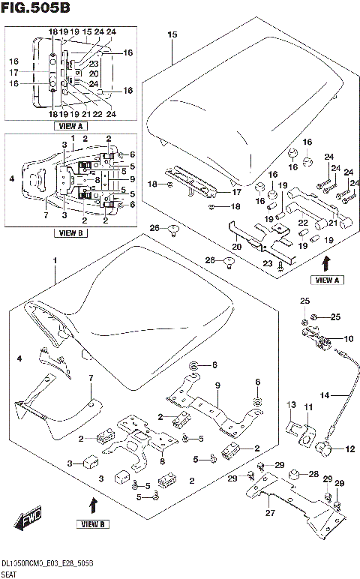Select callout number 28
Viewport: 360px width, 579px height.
313,475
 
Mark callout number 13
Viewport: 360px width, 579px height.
291,405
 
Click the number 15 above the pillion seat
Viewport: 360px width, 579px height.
172,34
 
